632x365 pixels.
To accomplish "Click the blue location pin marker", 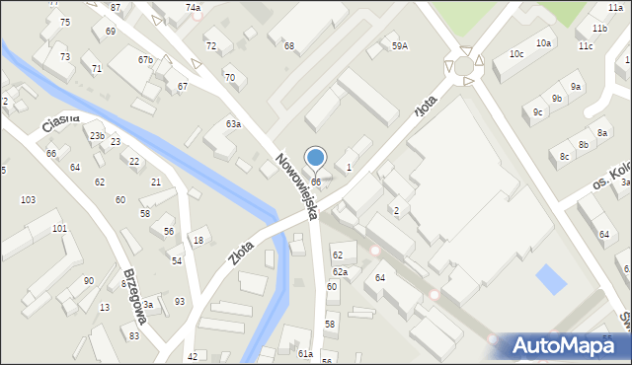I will coord(315,158).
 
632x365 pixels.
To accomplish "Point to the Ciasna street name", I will coord(60,122).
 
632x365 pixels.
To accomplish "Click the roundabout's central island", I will coord(463,65).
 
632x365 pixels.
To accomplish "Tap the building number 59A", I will coord(399,45).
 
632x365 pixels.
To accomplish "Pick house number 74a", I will coord(193,8).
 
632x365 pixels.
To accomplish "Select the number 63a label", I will coord(233,124).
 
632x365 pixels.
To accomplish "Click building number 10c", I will coord(516,53).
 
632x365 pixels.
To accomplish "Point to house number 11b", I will coord(600,29).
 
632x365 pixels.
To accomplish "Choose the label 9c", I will coord(537,112).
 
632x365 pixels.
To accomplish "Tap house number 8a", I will coord(602,132).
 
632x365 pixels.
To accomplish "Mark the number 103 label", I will coord(28,199).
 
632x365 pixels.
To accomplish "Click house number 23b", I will coord(97,135).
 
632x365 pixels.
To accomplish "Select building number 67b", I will coord(145,60).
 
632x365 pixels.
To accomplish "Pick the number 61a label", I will coord(305,353).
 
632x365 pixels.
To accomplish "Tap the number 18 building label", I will coord(197,241).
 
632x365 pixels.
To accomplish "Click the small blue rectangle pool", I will coord(551,279).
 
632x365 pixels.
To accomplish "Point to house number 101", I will coord(59,228).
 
